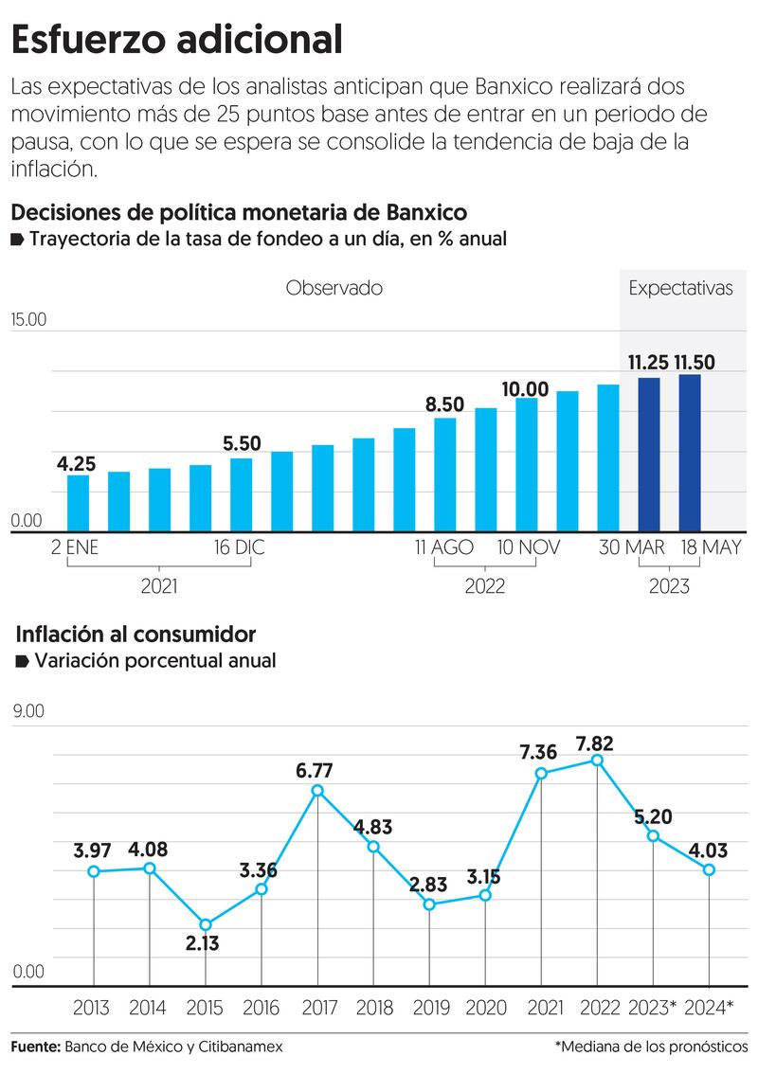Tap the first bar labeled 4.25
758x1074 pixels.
coord(78,503)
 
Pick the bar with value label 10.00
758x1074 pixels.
coord(527,464)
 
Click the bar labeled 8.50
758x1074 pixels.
coord(445,474)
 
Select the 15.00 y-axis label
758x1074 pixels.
coord(28,319)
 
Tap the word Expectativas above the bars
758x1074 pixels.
coord(680,288)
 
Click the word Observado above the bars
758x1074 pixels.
coord(334,288)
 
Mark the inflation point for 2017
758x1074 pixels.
coord(317,791)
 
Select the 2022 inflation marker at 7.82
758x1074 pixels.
coord(597,761)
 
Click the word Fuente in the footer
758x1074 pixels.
coord(35,1047)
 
